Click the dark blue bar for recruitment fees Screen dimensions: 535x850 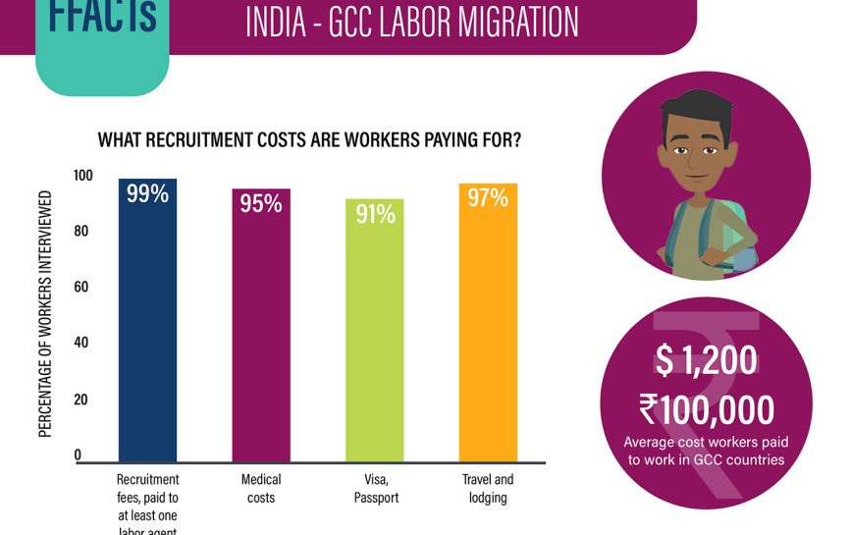[147, 324]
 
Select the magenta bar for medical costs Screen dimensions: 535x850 [261, 334]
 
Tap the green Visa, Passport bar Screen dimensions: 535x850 [374, 339]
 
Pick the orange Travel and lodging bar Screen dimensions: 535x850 [488, 329]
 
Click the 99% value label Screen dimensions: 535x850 [147, 194]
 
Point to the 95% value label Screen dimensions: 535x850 [261, 204]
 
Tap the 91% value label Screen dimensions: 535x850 [375, 214]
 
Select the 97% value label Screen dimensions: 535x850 [488, 198]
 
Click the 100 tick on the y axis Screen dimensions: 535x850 [82, 175]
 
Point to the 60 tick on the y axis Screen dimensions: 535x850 [82, 288]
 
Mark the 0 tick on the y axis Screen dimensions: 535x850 [78, 455]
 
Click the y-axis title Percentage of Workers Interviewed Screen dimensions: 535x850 [46, 311]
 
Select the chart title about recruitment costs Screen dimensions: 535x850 [309, 140]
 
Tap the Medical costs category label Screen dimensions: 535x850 [261, 489]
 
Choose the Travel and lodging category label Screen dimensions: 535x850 [488, 489]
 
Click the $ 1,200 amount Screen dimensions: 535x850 [706, 360]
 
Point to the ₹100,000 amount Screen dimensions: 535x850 [706, 407]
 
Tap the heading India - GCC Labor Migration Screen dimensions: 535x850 [411, 22]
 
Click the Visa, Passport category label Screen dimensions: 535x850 [374, 489]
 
